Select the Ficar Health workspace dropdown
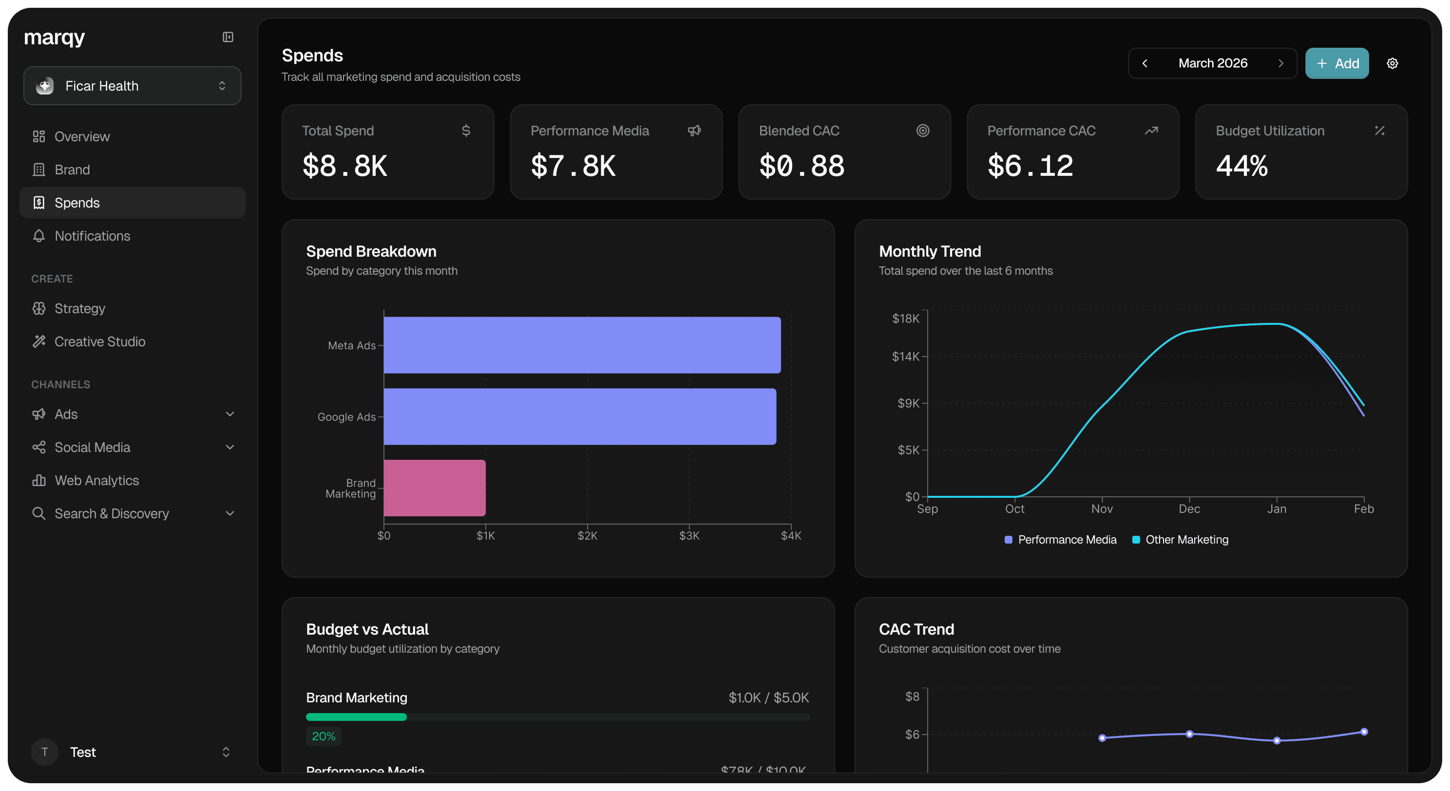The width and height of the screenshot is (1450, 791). [x=132, y=86]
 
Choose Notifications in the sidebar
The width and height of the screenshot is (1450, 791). [x=92, y=236]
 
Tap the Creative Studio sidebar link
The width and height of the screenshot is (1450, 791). [x=99, y=342]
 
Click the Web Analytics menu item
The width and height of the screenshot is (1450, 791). [x=97, y=480]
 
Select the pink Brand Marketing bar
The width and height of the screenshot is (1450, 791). [x=434, y=488]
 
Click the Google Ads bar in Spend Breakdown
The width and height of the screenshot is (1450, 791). [x=580, y=416]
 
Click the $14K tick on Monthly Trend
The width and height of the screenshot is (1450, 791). [x=905, y=357]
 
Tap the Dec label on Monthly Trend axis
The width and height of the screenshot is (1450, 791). [x=1189, y=509]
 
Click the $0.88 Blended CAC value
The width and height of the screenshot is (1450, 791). [x=801, y=166]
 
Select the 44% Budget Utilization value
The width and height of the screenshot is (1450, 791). [x=1242, y=166]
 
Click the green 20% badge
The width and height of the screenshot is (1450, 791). [x=324, y=736]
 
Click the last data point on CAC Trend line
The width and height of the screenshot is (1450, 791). [x=1363, y=732]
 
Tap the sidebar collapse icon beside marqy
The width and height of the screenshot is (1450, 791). [x=228, y=37]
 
